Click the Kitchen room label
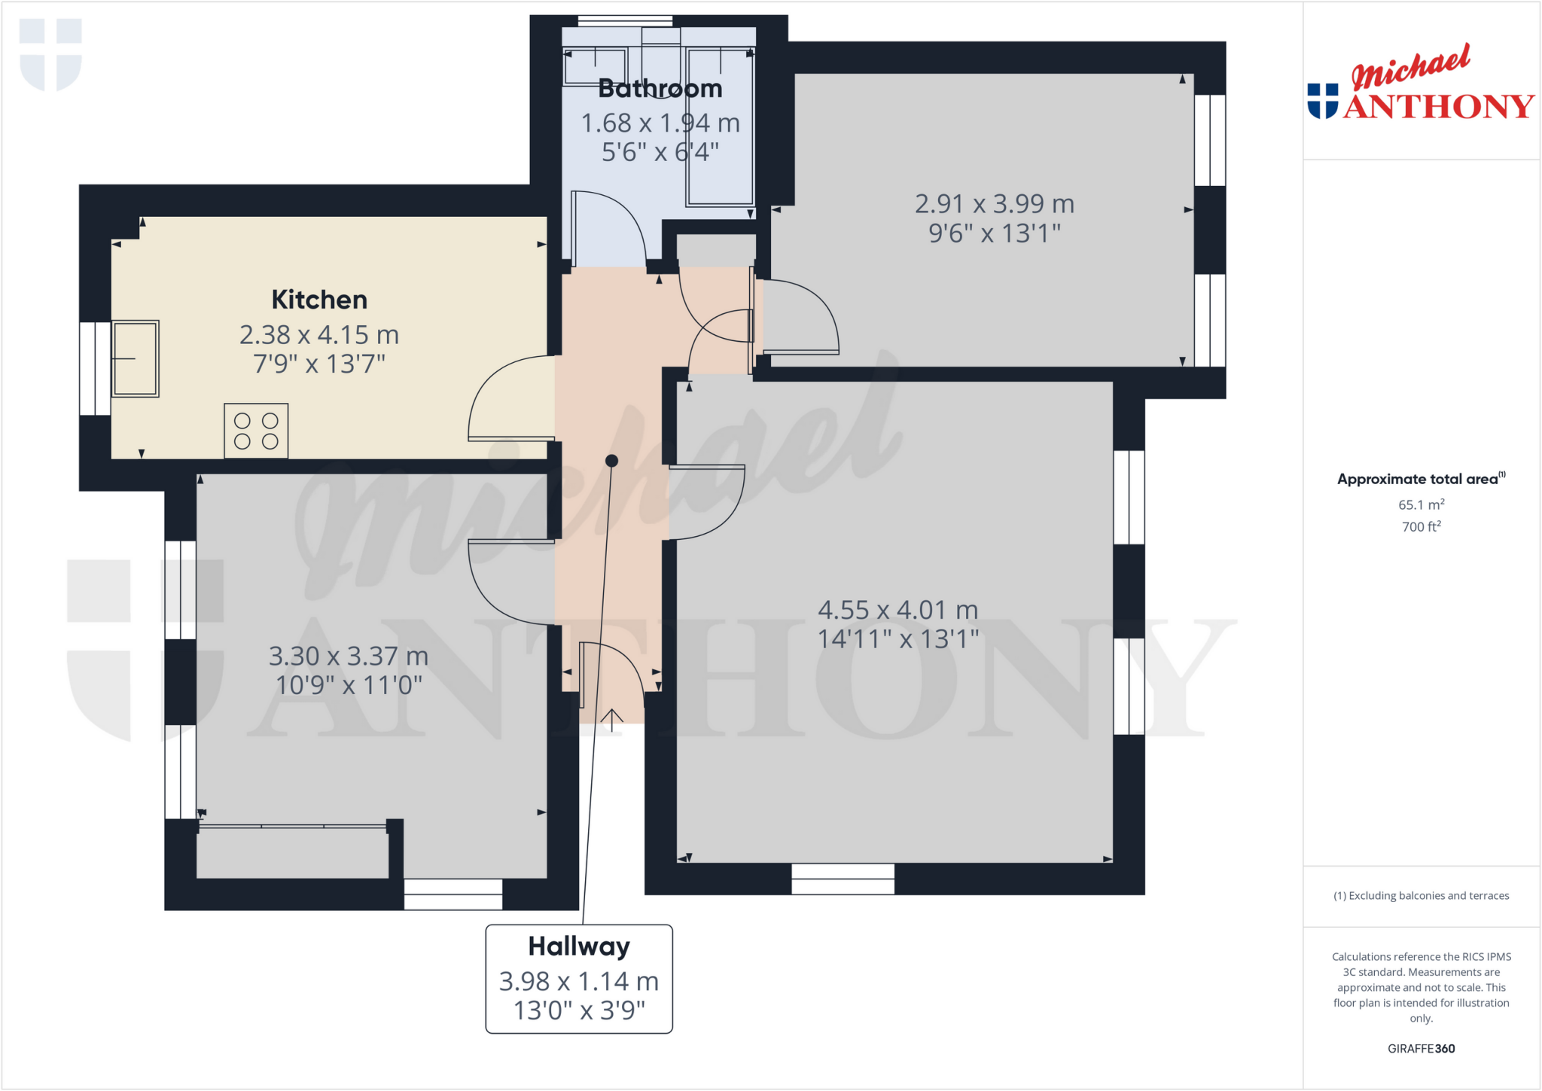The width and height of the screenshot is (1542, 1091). tap(319, 300)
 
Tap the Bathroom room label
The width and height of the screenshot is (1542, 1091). tap(660, 89)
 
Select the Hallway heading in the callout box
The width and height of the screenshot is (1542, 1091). tap(578, 946)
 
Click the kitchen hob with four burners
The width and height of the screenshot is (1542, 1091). tap(256, 431)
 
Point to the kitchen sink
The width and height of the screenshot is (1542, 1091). tap(136, 358)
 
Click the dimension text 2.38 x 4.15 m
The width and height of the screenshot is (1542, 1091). tap(319, 335)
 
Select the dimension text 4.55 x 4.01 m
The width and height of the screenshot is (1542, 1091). tap(897, 610)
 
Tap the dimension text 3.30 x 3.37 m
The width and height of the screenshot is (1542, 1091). tap(349, 657)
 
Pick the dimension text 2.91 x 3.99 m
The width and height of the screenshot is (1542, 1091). tap(994, 204)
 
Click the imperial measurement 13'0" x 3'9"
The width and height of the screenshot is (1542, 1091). tap(579, 1010)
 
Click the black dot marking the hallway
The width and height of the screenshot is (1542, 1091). tap(612, 461)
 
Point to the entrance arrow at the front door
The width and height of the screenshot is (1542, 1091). tap(612, 720)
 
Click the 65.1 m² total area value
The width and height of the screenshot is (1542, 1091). tap(1421, 504)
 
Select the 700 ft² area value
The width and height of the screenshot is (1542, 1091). tap(1421, 526)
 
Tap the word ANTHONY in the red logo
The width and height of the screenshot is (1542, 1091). tap(1438, 107)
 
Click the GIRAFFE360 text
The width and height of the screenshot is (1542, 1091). tap(1421, 1049)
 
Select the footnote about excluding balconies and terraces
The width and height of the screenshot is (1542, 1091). tap(1421, 896)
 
